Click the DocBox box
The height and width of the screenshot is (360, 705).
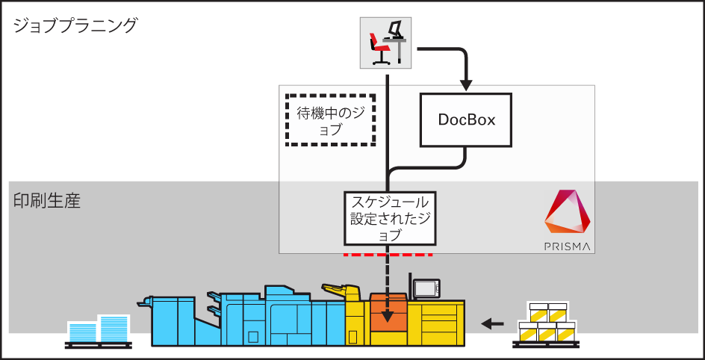pyautogui.click(x=467, y=120)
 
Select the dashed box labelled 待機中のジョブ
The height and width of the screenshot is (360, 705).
pyautogui.click(x=331, y=120)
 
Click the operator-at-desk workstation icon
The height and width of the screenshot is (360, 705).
pyautogui.click(x=388, y=42)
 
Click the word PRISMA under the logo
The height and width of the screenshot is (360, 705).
pyautogui.click(x=568, y=246)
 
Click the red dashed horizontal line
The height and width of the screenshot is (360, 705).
pyautogui.click(x=388, y=255)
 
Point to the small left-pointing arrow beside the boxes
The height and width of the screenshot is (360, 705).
pyautogui.click(x=492, y=323)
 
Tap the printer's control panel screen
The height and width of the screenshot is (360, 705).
pyautogui.click(x=426, y=288)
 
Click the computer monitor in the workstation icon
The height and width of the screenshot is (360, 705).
pyautogui.click(x=396, y=29)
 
